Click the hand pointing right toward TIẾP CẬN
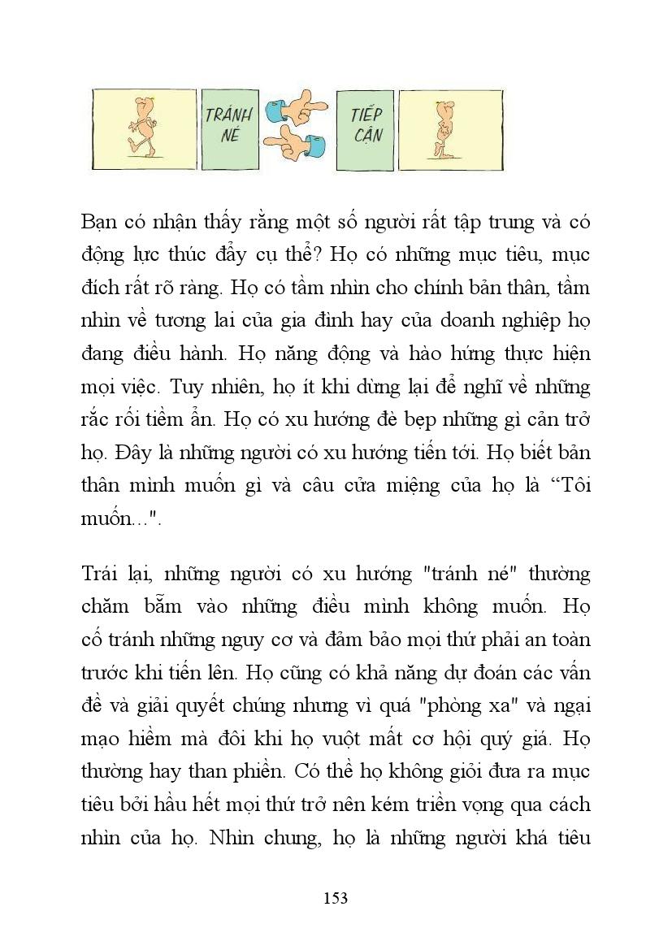tap(296, 106)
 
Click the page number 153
tap(336, 897)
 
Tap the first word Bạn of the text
tap(98, 221)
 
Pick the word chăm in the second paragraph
tap(103, 607)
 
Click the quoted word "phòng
tap(447, 705)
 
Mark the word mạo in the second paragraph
tap(102, 739)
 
